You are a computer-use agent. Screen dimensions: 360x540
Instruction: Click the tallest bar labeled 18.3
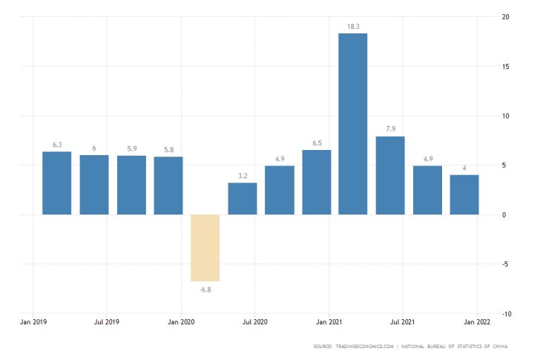click(x=353, y=124)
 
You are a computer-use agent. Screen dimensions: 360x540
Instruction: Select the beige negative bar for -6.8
click(x=205, y=248)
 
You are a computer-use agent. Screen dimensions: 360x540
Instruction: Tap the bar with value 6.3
click(x=57, y=183)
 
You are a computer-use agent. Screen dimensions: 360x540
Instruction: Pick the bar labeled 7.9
click(x=390, y=175)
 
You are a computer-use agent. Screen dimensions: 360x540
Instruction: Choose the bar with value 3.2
click(x=243, y=198)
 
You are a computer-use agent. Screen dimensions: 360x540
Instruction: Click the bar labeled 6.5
click(x=317, y=182)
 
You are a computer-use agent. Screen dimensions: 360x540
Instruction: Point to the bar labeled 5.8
click(x=168, y=186)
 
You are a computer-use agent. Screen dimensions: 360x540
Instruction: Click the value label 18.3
click(x=353, y=27)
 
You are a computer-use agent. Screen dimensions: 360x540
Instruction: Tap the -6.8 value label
click(x=205, y=289)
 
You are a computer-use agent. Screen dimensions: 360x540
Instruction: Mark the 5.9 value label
click(x=131, y=149)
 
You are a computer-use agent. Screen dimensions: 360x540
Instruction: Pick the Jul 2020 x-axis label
click(x=254, y=323)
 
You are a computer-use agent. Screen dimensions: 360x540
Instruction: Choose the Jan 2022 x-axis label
click(x=476, y=323)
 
